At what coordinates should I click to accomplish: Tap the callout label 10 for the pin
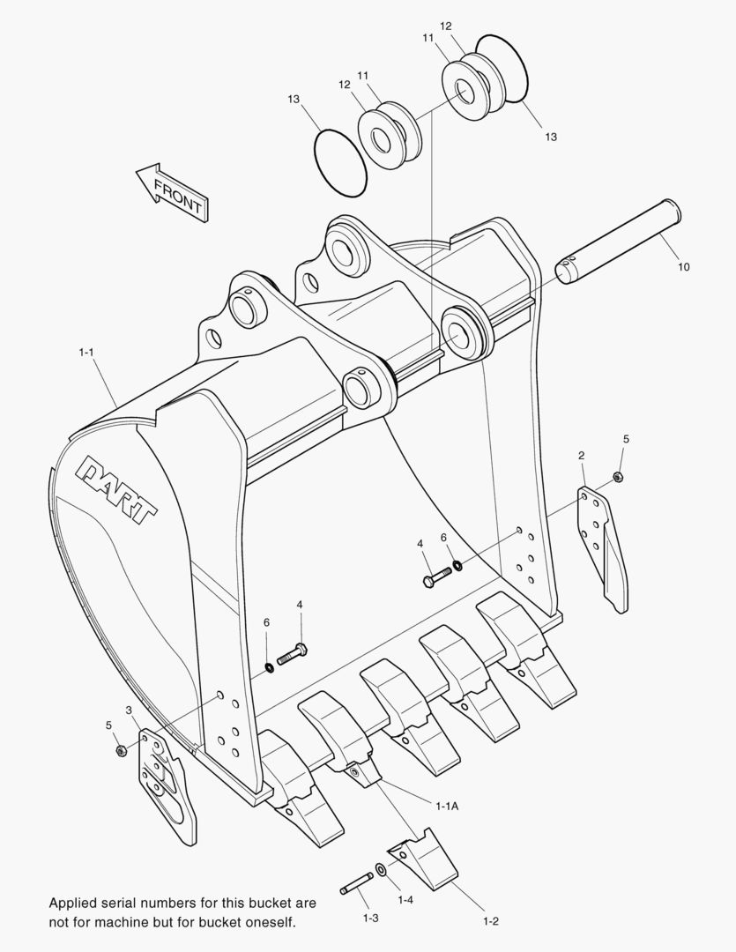coord(684,266)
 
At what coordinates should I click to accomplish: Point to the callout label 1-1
coord(86,353)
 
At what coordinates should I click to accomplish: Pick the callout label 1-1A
coord(446,805)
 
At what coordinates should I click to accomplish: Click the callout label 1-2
coord(491,921)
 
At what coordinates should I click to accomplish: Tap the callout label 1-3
coord(370,918)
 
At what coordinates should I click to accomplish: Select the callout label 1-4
coord(405,899)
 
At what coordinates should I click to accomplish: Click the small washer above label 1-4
coord(381,871)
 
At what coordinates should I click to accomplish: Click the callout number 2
coord(582,456)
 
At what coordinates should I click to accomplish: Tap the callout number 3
coord(129,710)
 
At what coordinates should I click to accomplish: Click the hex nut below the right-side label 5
coord(619,477)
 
